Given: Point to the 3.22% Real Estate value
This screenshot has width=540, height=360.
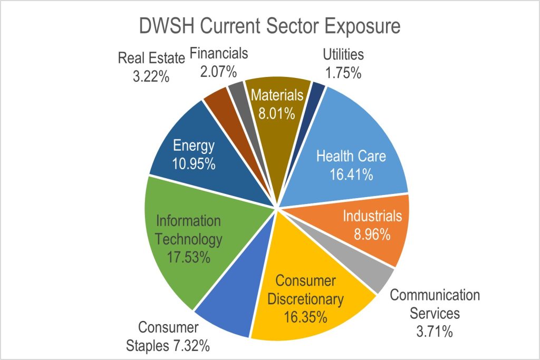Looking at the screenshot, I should pyautogui.click(x=151, y=76).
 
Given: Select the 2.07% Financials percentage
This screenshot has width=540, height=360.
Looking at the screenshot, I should pyautogui.click(x=218, y=71).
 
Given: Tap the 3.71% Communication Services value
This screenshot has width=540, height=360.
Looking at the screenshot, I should pyautogui.click(x=435, y=332).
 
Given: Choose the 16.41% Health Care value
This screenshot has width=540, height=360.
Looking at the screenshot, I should pyautogui.click(x=351, y=174).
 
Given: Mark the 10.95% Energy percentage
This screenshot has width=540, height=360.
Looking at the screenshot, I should pyautogui.click(x=194, y=163).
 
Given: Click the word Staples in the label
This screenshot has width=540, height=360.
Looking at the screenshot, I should pyautogui.click(x=169, y=346).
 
